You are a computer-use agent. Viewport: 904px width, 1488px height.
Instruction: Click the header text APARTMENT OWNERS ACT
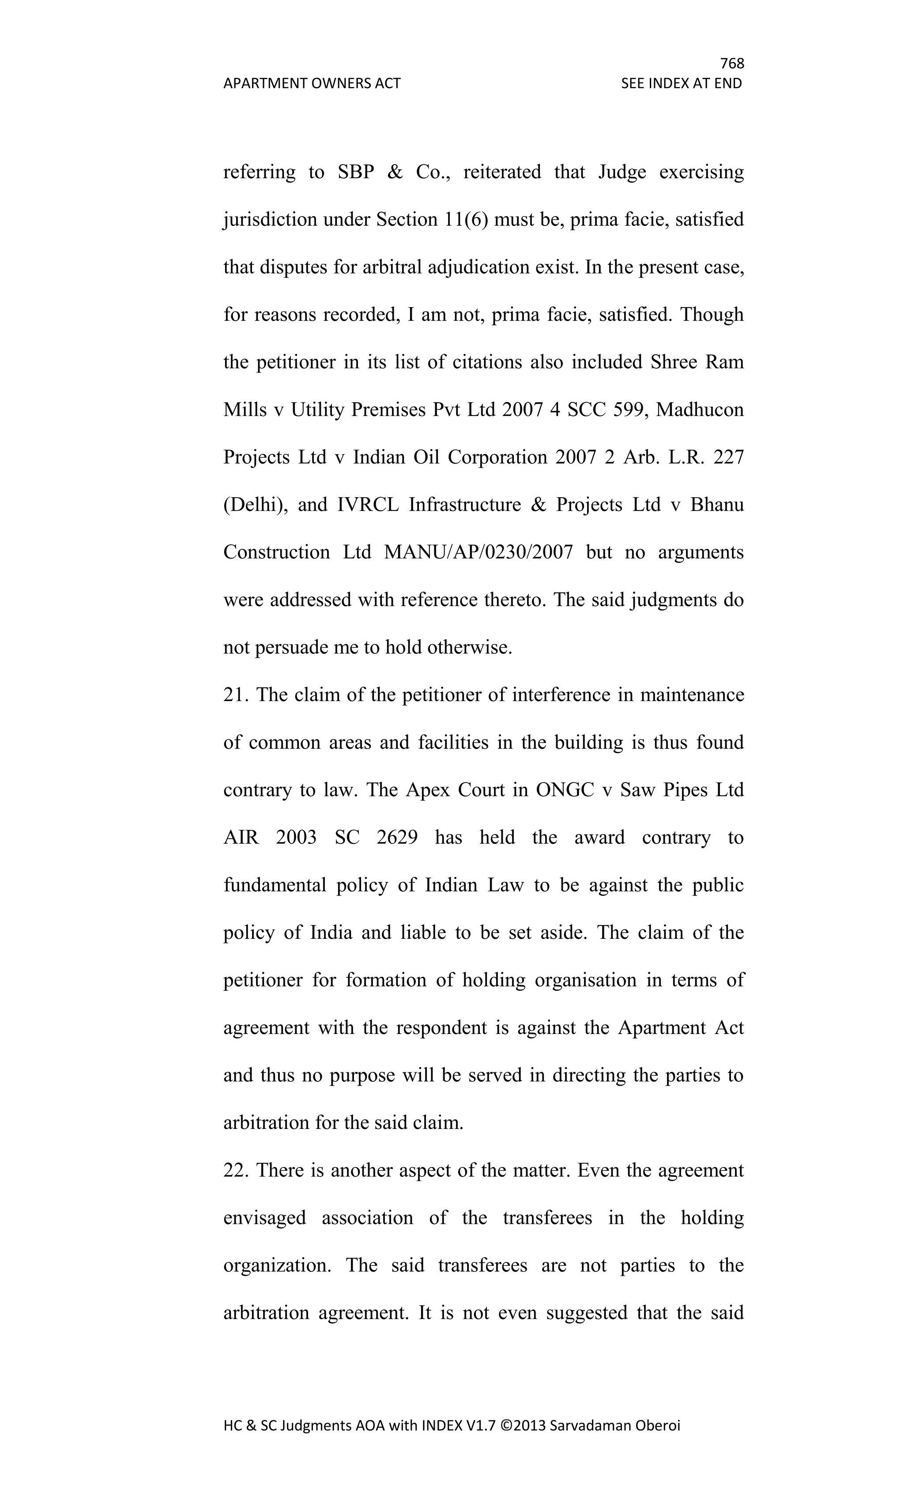click(312, 83)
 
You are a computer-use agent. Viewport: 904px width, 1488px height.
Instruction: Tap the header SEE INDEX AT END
click(681, 83)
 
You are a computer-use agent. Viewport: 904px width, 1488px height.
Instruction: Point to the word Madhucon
click(700, 410)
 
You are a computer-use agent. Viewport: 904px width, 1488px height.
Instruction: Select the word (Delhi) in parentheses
click(255, 505)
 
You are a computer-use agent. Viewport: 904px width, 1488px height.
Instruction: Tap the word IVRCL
click(368, 505)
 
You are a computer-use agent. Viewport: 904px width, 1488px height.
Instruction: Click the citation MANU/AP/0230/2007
click(478, 553)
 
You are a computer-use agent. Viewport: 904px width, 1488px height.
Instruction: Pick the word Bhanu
click(717, 505)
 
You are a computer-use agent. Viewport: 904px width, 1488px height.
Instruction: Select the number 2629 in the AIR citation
click(397, 838)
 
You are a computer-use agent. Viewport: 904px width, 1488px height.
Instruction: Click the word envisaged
click(265, 1218)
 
